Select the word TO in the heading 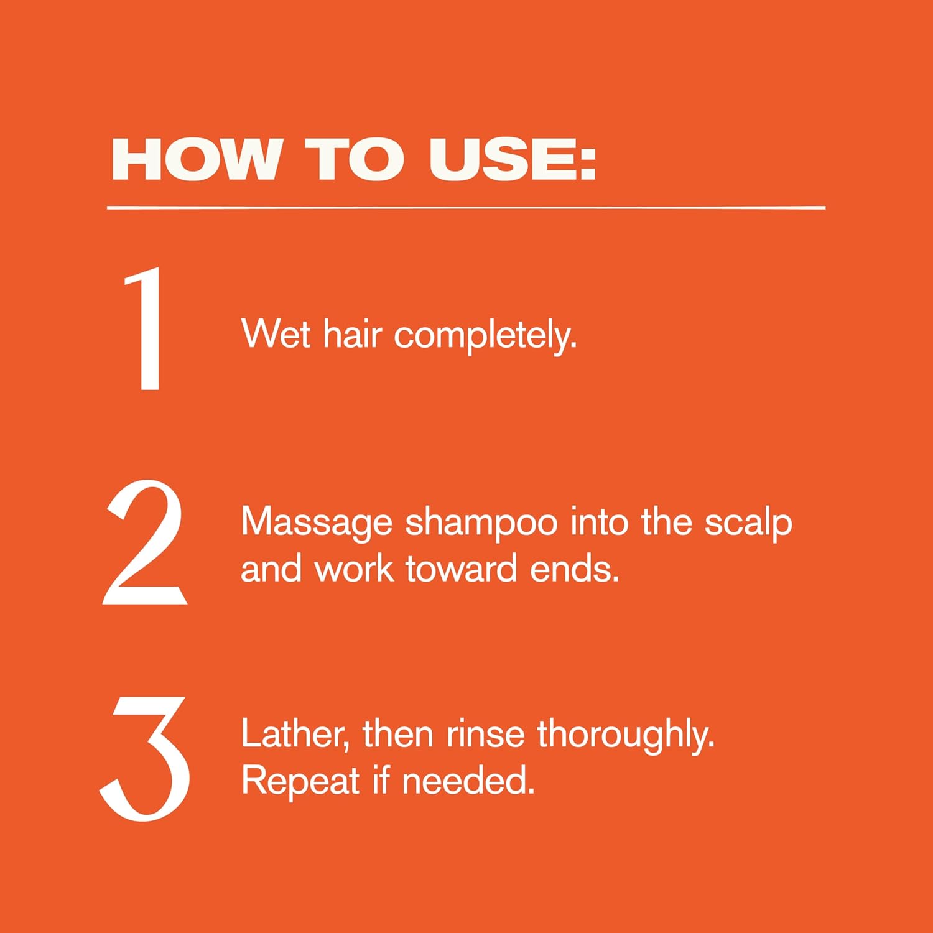355,159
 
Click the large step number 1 144,328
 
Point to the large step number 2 145,542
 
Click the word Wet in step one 276,334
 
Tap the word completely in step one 485,337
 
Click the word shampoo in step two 482,523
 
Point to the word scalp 748,523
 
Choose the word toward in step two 461,568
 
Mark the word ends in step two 575,568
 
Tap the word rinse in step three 485,735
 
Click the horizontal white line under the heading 466,207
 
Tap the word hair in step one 352,334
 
